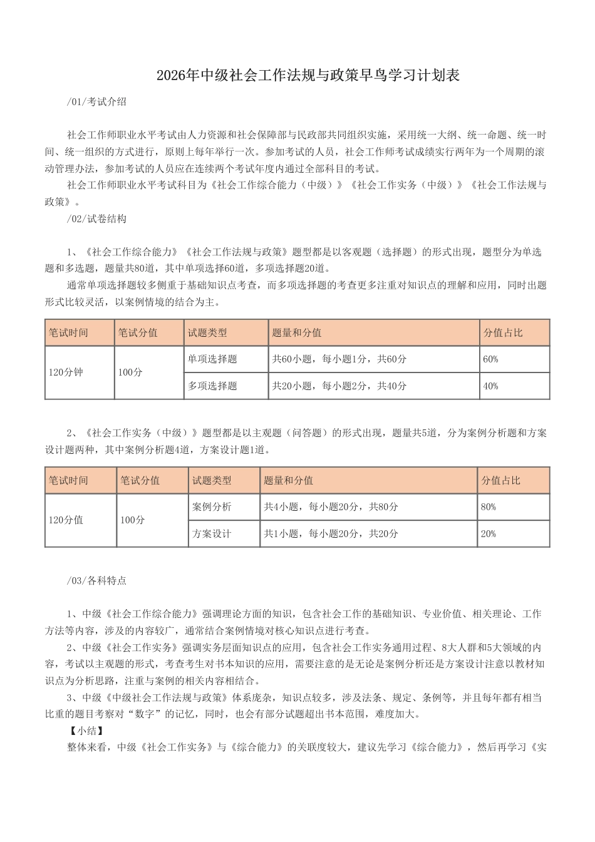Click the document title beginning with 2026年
click(x=308, y=76)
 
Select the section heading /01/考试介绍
click(x=96, y=101)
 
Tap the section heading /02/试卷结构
click(x=96, y=218)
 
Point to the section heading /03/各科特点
click(x=96, y=580)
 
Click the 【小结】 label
click(x=86, y=730)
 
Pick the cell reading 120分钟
click(x=66, y=372)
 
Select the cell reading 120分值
click(x=66, y=520)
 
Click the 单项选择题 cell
click(x=212, y=359)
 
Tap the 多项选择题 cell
click(x=212, y=386)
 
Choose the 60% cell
click(x=491, y=359)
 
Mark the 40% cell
click(x=491, y=386)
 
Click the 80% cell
click(x=489, y=507)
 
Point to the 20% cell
click(x=489, y=534)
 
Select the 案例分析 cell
click(x=212, y=507)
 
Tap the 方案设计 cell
click(x=212, y=534)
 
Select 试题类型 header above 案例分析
click(x=212, y=481)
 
